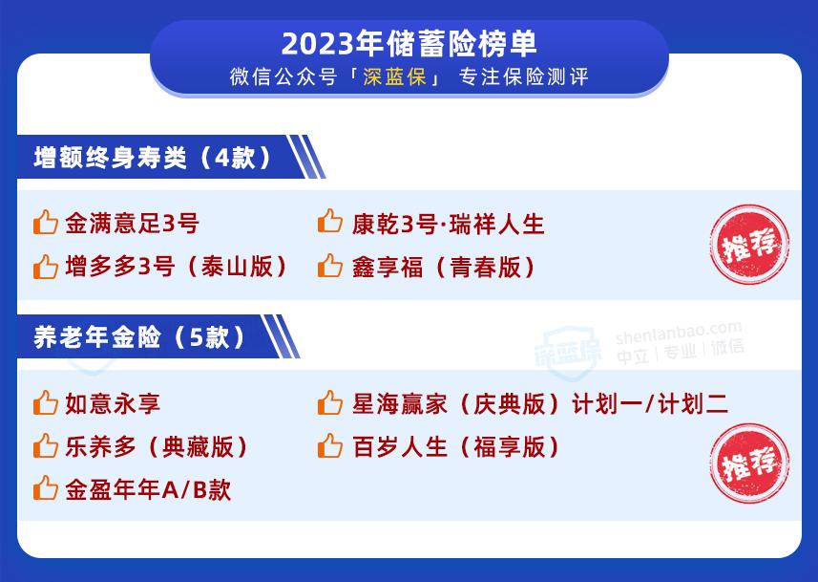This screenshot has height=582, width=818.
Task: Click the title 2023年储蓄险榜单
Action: (409, 44)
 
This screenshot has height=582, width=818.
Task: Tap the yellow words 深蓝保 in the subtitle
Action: (395, 76)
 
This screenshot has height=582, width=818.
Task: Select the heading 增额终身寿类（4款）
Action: (153, 158)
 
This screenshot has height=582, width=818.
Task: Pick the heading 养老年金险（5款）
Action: (139, 337)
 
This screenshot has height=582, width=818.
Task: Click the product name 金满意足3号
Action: (132, 224)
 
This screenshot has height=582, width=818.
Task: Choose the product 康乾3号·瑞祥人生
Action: (448, 225)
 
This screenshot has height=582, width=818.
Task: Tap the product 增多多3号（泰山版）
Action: (177, 267)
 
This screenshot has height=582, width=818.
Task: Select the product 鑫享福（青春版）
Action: (444, 267)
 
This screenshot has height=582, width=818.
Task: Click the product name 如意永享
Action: (113, 404)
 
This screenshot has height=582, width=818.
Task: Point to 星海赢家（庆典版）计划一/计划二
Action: (540, 404)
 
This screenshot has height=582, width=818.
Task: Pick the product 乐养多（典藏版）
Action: (157, 447)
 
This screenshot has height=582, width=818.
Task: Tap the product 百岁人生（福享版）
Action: (456, 447)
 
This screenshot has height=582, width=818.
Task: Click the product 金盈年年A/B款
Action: (148, 490)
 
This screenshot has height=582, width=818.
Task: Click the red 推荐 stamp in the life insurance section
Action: (749, 244)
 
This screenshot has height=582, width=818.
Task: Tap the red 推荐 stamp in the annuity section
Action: (749, 463)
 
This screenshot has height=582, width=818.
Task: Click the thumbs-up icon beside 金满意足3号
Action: (46, 222)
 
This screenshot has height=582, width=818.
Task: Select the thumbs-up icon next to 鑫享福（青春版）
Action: (330, 266)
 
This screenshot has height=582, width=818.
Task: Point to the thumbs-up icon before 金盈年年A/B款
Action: (46, 488)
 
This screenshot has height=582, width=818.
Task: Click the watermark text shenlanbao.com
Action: (679, 333)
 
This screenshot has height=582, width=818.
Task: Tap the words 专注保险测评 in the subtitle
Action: (524, 76)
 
